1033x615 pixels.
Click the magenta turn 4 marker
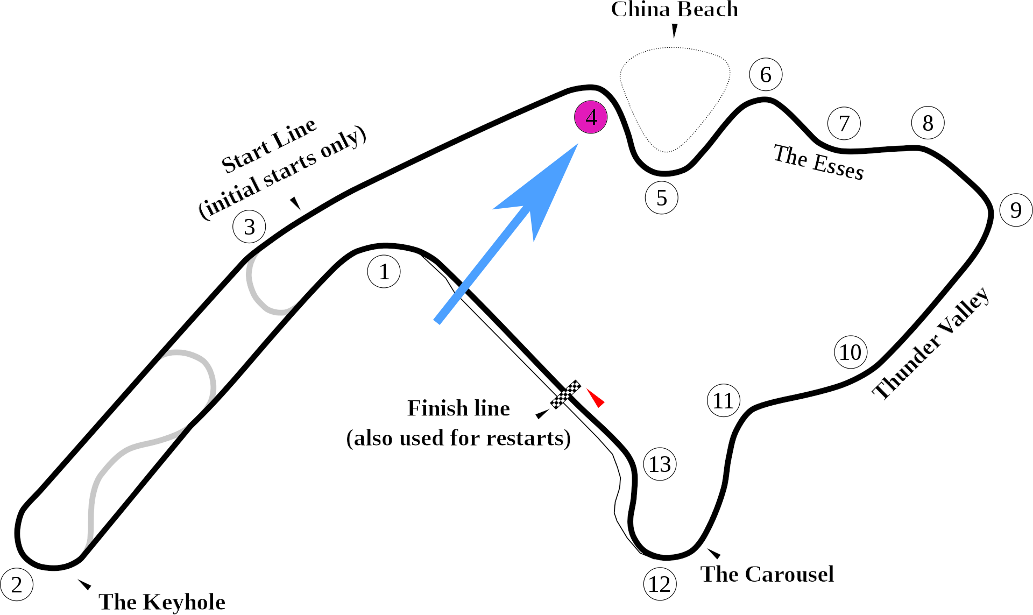point(591,117)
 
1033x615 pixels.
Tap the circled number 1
point(384,272)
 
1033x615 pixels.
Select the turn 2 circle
point(17,584)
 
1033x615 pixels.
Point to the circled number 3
point(249,227)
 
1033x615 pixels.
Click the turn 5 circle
point(661,198)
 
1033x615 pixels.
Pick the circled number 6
point(766,74)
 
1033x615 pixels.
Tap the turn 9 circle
point(1016,210)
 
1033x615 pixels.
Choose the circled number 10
point(850,352)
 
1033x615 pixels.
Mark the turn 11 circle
point(723,401)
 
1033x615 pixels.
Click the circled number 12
point(660,584)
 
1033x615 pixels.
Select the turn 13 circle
point(660,464)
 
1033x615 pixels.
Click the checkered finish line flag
point(565,394)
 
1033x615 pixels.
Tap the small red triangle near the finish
point(596,398)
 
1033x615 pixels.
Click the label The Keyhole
point(161,602)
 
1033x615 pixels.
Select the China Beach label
point(674,9)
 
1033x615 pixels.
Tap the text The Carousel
point(767,574)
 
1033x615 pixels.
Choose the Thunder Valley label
point(931,344)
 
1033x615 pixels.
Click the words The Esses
point(818,162)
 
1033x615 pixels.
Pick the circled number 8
point(928,123)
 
